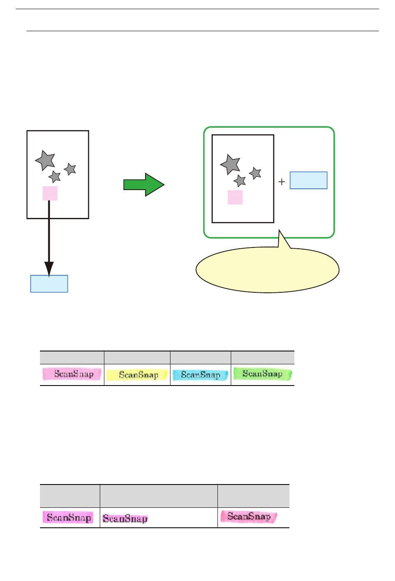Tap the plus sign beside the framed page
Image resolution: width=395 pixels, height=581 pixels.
click(x=281, y=182)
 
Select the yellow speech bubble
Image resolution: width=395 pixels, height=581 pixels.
click(x=267, y=270)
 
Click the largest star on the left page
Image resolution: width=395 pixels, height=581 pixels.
click(x=45, y=160)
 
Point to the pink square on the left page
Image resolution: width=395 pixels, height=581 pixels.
click(x=50, y=193)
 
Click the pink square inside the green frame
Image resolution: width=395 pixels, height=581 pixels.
click(x=235, y=197)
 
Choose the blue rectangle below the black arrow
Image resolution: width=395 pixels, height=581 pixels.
click(x=49, y=284)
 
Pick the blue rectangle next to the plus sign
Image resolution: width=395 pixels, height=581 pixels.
click(x=308, y=180)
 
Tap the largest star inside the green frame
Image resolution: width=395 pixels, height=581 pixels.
click(x=230, y=164)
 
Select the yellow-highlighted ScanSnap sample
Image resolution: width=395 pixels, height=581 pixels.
click(x=137, y=375)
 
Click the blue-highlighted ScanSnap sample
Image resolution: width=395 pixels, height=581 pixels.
click(x=200, y=375)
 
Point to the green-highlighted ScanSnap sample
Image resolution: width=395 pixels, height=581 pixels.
click(x=262, y=374)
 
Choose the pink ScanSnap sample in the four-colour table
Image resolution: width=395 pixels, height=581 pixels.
click(x=72, y=374)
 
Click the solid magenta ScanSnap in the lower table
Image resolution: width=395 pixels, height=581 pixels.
click(x=68, y=517)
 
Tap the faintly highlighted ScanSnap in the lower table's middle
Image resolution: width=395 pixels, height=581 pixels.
click(x=125, y=518)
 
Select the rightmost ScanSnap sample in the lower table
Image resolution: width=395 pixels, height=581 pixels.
click(x=249, y=517)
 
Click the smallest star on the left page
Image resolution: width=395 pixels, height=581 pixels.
click(x=54, y=177)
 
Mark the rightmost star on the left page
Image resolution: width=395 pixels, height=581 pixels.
click(x=70, y=169)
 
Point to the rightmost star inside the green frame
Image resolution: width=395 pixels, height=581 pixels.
click(x=255, y=173)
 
